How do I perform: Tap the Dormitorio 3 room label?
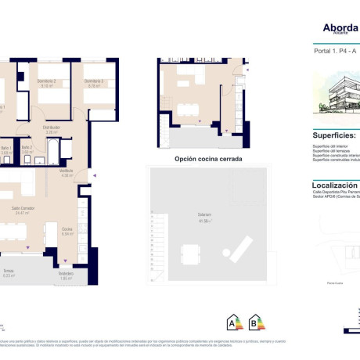[x=94, y=81]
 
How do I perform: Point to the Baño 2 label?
[x=27, y=149]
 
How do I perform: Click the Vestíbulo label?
[x=67, y=173]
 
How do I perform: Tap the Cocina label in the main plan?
[x=67, y=231]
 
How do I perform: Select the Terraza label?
[x=9, y=273]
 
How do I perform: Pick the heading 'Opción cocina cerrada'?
[x=207, y=159]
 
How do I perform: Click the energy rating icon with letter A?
[x=232, y=322]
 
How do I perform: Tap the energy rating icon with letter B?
[x=254, y=322]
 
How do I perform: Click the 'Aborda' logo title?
[x=340, y=27]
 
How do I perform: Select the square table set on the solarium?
[x=190, y=254]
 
